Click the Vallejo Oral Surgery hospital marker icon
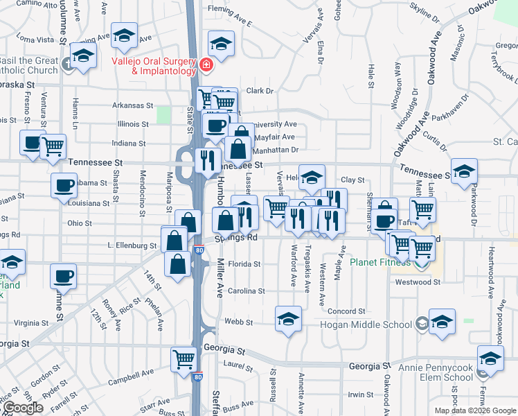point(205,65)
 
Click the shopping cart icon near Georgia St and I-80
point(184,358)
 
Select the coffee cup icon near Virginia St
point(63,275)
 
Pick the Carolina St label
point(247,291)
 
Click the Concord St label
point(346,312)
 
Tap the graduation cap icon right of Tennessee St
point(464,171)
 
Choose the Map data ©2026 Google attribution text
point(475,410)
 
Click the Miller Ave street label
point(221,276)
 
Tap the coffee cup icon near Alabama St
point(64,185)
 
